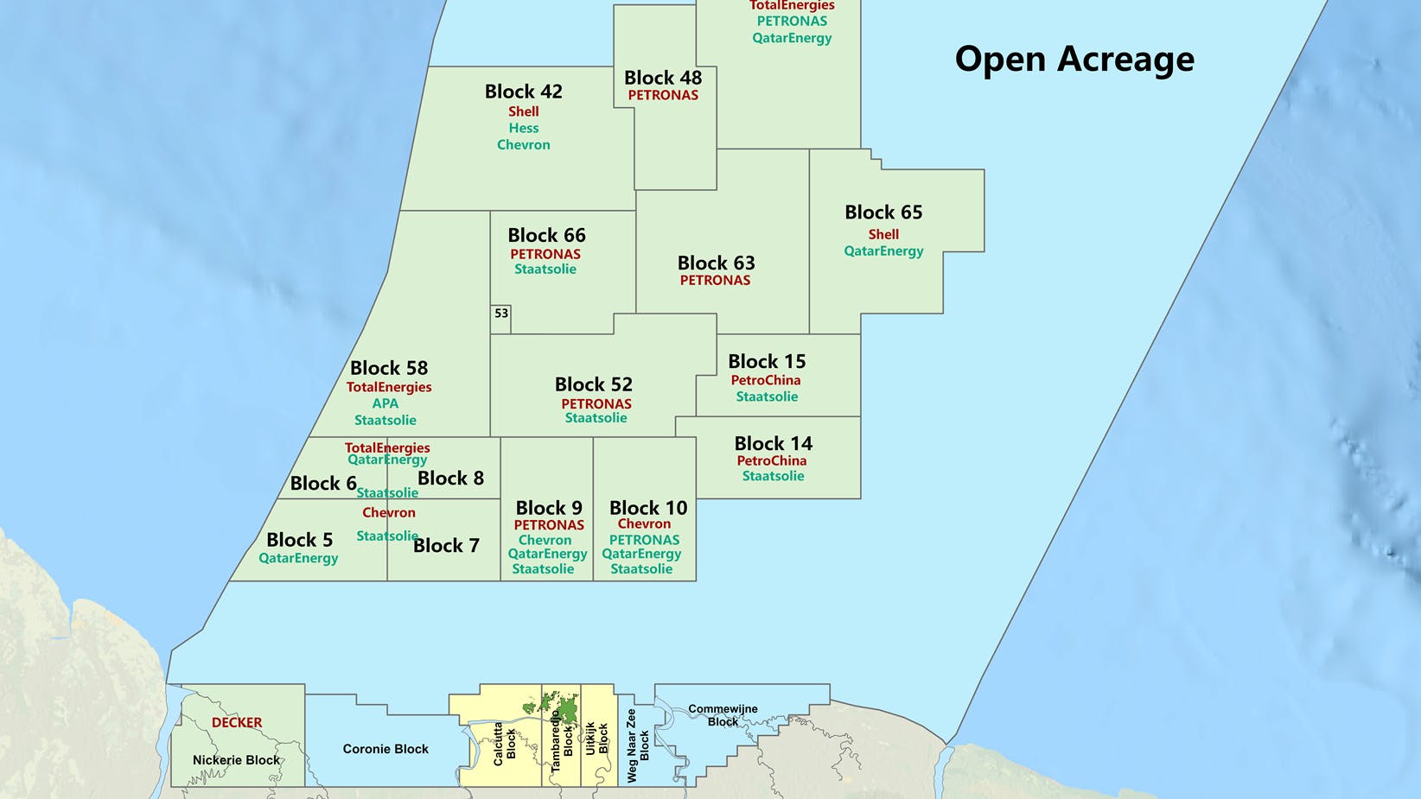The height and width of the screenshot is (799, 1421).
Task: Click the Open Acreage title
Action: [1074, 59]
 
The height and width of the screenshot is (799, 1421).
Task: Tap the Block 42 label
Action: [523, 92]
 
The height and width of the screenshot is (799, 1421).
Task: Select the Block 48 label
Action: [663, 78]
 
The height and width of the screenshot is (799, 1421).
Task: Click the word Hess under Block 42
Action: [523, 128]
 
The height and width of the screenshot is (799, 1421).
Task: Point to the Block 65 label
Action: [883, 212]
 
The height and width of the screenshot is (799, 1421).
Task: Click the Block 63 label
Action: [716, 263]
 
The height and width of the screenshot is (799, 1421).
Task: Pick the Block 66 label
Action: [546, 235]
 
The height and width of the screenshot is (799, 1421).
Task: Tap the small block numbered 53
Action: [501, 314]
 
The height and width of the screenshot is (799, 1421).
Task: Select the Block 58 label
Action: [389, 368]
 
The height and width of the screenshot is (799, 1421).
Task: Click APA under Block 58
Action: [386, 403]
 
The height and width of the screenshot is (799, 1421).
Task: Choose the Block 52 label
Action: [594, 384]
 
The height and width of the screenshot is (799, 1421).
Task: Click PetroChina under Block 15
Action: [766, 380]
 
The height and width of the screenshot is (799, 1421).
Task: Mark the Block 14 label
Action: [774, 443]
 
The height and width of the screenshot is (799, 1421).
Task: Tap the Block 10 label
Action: [648, 508]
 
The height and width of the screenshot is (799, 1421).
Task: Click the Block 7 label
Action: [446, 545]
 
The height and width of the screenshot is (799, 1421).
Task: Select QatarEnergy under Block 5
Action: [298, 558]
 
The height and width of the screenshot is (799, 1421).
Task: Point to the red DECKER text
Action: [237, 722]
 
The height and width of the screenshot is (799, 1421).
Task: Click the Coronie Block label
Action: [386, 749]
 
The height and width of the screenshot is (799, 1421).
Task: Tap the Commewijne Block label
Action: [723, 715]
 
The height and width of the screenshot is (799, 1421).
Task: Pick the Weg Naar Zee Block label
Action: [638, 745]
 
